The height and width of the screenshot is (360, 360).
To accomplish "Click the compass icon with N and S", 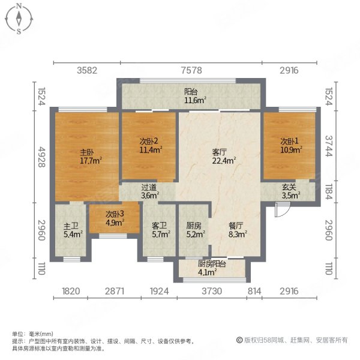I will [19, 19].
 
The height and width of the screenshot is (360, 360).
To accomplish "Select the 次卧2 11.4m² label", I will [149, 146].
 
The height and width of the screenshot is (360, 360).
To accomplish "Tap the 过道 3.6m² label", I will [149, 191].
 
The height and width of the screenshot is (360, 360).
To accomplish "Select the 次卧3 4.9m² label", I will [115, 218].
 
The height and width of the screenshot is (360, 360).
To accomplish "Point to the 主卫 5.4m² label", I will [72, 230].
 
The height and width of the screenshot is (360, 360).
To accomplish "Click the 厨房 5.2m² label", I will [194, 230].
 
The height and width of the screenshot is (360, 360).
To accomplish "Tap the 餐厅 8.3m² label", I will [236, 230].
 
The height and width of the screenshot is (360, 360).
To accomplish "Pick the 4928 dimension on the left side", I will [41, 157].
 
